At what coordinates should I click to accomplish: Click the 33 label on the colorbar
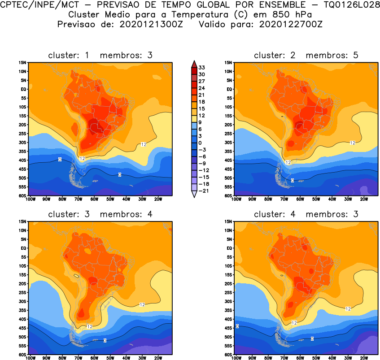(202, 67)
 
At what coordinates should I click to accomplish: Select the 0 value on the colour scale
(201, 143)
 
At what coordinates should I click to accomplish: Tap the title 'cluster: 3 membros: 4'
(100, 214)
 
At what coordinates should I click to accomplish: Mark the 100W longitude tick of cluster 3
(31, 358)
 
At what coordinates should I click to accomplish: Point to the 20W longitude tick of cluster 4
(364, 358)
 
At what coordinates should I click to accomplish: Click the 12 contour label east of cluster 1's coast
(144, 144)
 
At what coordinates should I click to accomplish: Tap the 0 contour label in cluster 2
(293, 180)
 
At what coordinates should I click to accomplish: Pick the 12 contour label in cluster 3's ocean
(142, 304)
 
